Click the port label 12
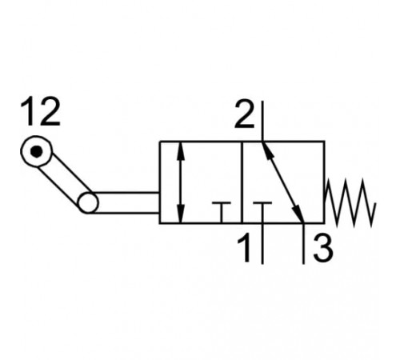(41, 111)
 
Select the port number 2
(245, 114)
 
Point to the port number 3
(323, 248)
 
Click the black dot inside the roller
(37, 151)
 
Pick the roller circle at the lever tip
(37, 151)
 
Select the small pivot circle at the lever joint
(88, 202)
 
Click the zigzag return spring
(350, 203)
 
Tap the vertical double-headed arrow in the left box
(181, 182)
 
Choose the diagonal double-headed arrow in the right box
(283, 182)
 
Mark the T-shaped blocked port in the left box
(222, 213)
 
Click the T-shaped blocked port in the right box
(262, 213)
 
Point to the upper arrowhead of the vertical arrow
(181, 151)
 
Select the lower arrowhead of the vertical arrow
(181, 214)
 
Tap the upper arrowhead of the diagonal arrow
(267, 151)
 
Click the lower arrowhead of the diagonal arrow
(298, 214)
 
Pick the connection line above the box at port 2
(262, 121)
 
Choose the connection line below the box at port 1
(262, 244)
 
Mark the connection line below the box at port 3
(303, 244)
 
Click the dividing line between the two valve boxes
(242, 182)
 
